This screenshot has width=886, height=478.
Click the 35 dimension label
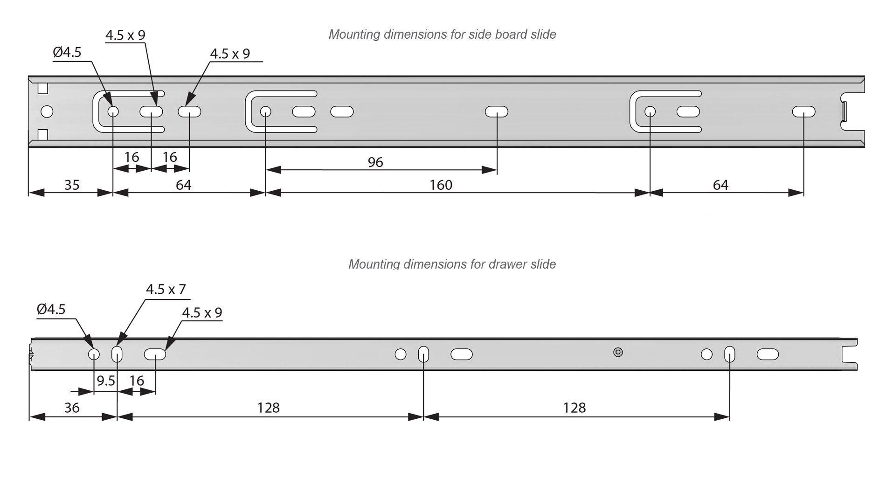pyautogui.click(x=72, y=185)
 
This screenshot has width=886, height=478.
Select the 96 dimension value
pyautogui.click(x=375, y=162)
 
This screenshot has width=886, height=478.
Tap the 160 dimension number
pyautogui.click(x=441, y=185)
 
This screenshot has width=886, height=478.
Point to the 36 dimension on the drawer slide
pyautogui.click(x=72, y=408)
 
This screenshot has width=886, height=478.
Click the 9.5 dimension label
pyautogui.click(x=106, y=381)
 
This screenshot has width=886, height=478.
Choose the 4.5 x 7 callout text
pyautogui.click(x=166, y=290)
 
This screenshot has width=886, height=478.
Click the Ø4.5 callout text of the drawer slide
pyautogui.click(x=51, y=309)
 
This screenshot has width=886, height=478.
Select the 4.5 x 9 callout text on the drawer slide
pyautogui.click(x=202, y=313)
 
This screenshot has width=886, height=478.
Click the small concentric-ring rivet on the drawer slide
pyautogui.click(x=618, y=352)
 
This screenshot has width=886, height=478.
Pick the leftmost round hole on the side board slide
pyautogui.click(x=47, y=112)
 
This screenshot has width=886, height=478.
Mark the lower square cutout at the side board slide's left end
pyautogui.click(x=43, y=135)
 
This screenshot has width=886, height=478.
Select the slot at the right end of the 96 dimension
pyautogui.click(x=496, y=112)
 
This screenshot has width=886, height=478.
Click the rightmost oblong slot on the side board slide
pyautogui.click(x=803, y=112)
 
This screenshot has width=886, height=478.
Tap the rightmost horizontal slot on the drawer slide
pyautogui.click(x=768, y=354)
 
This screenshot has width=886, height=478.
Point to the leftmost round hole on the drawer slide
pyautogui.click(x=94, y=354)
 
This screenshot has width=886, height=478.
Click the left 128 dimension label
pyautogui.click(x=269, y=408)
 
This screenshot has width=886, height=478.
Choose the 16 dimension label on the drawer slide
pyautogui.click(x=137, y=381)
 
